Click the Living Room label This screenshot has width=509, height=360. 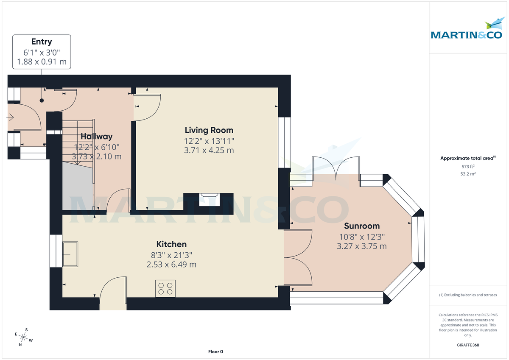(x=209, y=130)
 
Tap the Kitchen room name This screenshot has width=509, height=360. (x=171, y=244)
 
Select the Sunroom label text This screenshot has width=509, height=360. (x=362, y=226)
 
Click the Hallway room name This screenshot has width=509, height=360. (x=97, y=137)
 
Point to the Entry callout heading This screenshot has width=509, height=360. (x=42, y=42)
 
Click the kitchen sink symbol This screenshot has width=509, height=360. (x=70, y=254)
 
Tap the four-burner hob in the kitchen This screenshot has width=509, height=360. (x=165, y=288)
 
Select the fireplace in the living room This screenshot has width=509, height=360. (x=209, y=199)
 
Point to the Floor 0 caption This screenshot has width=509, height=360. (x=215, y=352)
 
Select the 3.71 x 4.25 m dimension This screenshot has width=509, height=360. (x=209, y=151)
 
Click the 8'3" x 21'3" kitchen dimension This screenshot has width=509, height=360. (x=171, y=256)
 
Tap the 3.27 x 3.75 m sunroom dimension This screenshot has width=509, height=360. (x=362, y=246)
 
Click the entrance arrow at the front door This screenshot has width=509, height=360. (x=11, y=117)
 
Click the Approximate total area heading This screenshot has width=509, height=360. (x=467, y=158)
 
